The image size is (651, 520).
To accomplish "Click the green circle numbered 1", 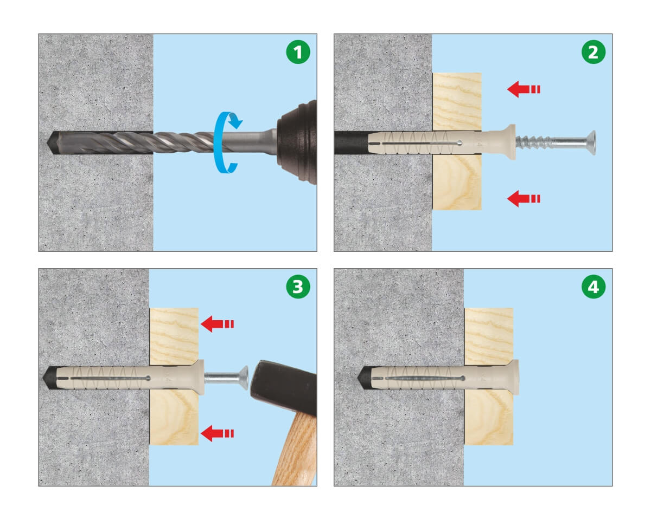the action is (298, 52).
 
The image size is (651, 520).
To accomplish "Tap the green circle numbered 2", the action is (593, 52).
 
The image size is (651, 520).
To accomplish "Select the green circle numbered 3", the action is (298, 287).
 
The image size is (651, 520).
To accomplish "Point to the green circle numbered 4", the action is (593, 287).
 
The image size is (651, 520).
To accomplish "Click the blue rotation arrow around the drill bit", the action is (217, 142).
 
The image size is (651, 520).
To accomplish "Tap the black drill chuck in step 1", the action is (298, 142).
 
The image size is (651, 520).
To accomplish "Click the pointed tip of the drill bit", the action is (48, 142).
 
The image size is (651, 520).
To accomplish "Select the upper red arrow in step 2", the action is (524, 89).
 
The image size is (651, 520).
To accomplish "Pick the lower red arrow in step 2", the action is (524, 198).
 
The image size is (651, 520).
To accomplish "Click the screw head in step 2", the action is (592, 142).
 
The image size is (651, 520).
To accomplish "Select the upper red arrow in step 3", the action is (217, 324).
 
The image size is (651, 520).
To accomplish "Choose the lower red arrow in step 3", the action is (217, 433).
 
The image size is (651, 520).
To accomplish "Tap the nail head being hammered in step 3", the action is (244, 378).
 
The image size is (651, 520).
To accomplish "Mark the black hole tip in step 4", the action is (362, 378).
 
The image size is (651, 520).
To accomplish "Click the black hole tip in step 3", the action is (48, 378).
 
